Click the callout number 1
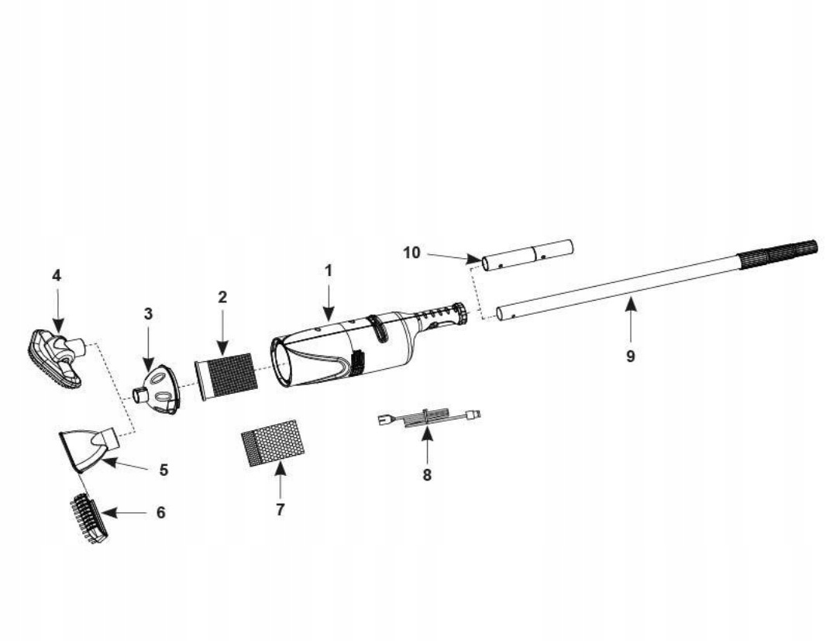(328, 271)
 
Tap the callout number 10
(412, 253)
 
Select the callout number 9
(631, 357)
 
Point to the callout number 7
(280, 509)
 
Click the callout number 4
(56, 275)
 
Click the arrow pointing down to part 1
(328, 304)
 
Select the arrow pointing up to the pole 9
(631, 321)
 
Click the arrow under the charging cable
(427, 445)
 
